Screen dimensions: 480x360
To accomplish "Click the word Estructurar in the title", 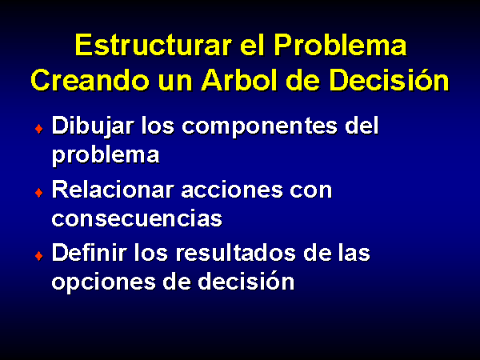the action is pos(153,45).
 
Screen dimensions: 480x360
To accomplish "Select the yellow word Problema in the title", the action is pos(340,45).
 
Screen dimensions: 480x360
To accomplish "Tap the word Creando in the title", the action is pos(90,80).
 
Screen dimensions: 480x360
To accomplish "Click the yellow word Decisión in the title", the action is pos(389,79).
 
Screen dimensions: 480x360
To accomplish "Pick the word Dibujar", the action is pos(93,126).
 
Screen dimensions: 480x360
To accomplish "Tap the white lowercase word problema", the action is pos(106,155).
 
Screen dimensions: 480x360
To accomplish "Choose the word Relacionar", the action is pos(114,189).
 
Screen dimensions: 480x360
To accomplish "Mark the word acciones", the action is pos(232,190).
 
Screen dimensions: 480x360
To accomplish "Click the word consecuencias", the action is pos(137,218).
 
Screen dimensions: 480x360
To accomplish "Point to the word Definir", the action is pos(90,252).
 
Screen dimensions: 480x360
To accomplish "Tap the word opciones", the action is pos(104,282).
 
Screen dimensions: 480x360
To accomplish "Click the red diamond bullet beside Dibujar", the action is pos(39,129).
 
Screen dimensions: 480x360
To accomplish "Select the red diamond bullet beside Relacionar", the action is pos(39,193).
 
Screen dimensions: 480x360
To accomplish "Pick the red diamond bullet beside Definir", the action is pos(39,255).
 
